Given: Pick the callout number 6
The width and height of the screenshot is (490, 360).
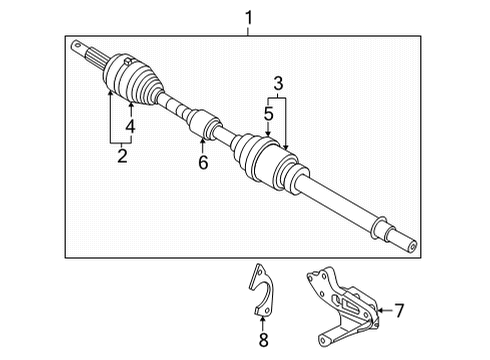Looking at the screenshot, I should click(203, 161).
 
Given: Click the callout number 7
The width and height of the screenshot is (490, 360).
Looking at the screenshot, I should click(398, 310).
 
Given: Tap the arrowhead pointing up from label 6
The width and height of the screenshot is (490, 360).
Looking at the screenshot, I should click(203, 141).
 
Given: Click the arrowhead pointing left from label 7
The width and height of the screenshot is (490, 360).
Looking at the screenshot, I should click(375, 310).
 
